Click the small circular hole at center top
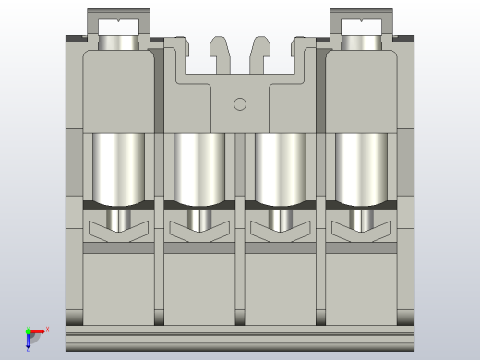click(x=240, y=104)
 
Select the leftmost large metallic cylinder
click(x=118, y=167)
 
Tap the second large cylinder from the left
click(x=199, y=165)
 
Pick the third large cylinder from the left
click(x=280, y=165)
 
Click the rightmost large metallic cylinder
click(x=361, y=167)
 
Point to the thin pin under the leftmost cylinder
click(x=118, y=219)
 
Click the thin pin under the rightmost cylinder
click(x=361, y=219)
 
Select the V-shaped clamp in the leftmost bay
click(x=118, y=232)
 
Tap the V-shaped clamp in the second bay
click(x=199, y=232)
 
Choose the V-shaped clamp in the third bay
click(x=280, y=232)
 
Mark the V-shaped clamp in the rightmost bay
click(x=361, y=232)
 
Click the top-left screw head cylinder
click(x=118, y=42)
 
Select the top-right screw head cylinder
click(x=361, y=42)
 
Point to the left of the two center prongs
click(x=219, y=53)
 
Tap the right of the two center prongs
click(x=260, y=53)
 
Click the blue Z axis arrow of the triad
click(x=28, y=344)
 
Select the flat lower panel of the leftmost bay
click(x=120, y=286)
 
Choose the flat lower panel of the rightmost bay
click(x=361, y=286)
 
